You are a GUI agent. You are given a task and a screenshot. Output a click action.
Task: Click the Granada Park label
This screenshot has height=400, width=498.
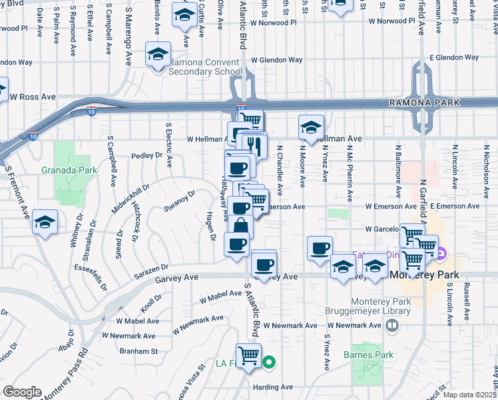coord(69,170)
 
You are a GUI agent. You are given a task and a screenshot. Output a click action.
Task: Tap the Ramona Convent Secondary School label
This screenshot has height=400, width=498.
coord(206,67)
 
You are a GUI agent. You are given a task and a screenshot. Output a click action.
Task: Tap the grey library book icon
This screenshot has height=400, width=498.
coord(392,325)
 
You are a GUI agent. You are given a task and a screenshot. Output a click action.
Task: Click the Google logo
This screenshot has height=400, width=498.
coord(21,392)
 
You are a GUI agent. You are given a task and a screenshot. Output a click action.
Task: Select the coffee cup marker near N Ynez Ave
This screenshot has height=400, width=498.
coord(320,248)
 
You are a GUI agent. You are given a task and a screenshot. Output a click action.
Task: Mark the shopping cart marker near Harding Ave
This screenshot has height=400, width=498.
coord(248,355)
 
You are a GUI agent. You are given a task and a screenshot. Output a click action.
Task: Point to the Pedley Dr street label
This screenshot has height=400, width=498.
coord(147,155)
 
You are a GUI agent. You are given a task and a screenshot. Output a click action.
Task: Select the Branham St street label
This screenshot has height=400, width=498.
coord(138,351)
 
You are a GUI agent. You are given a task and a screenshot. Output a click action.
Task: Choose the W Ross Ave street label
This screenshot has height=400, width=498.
coord(33,97)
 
